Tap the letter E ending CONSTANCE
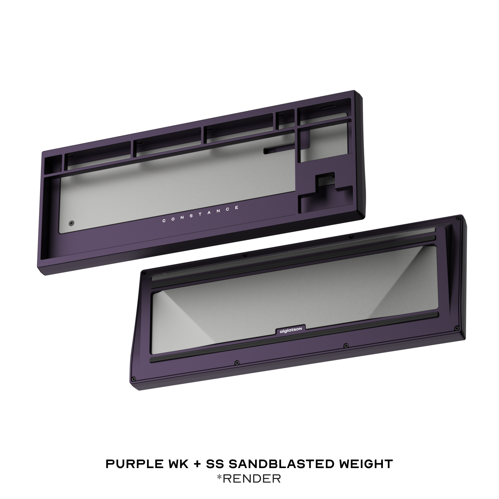pyautogui.click(x=237, y=207)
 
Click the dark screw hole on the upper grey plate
pyautogui.click(x=71, y=223)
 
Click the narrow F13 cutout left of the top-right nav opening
pyautogui.click(x=285, y=119)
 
